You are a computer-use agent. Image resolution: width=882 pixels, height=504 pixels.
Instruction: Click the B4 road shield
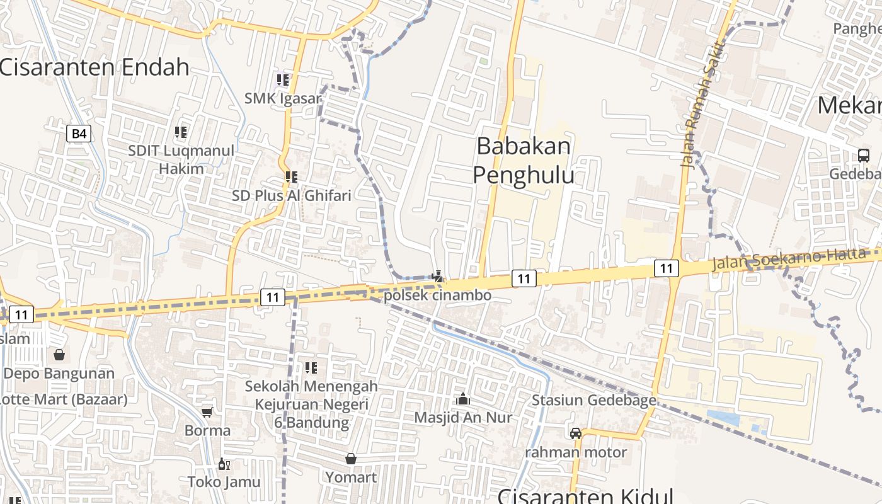[79, 134]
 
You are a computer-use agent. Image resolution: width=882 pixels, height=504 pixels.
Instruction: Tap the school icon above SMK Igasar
[283, 80]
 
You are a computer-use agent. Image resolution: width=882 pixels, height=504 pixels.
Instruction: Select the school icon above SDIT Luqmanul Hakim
[181, 132]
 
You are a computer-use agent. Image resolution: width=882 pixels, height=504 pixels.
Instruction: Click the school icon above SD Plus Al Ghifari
[291, 177]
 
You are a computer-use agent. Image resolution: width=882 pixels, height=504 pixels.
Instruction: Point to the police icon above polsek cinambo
[437, 275]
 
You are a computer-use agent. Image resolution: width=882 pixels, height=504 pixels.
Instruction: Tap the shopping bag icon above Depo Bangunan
[59, 355]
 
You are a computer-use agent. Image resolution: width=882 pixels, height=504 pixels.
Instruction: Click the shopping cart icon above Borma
[207, 413]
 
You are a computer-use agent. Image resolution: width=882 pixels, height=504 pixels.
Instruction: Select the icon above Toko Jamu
[223, 464]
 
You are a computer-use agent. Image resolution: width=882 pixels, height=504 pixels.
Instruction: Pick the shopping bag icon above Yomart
[351, 459]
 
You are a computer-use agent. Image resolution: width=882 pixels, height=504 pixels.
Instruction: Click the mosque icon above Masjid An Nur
[463, 399]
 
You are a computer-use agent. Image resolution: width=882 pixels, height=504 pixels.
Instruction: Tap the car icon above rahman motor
[576, 433]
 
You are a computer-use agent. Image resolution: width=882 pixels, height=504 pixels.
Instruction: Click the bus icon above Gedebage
[863, 155]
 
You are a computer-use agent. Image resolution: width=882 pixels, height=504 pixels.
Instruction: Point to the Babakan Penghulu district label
[524, 160]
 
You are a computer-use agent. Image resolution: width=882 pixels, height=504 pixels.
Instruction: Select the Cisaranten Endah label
[94, 67]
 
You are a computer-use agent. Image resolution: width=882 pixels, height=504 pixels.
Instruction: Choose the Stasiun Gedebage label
[593, 400]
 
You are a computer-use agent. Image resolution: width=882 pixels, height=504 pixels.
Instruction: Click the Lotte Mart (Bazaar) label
[64, 399]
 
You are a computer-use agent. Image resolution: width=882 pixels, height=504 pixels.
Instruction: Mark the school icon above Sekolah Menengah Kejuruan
[311, 367]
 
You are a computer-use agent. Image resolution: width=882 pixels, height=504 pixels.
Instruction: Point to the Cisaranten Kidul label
[585, 496]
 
